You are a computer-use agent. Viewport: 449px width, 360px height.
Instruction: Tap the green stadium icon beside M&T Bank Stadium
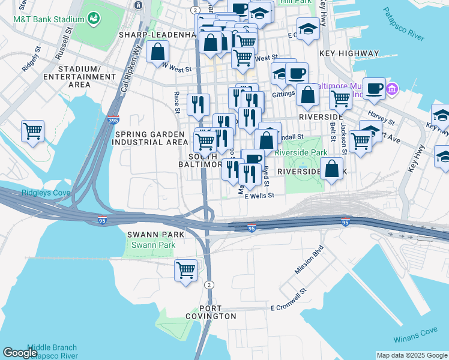[x=94, y=19]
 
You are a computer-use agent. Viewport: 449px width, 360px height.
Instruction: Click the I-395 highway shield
[x=115, y=121]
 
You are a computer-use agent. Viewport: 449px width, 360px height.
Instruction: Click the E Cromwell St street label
[x=289, y=307]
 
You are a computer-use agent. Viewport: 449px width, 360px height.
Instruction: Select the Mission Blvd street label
[x=309, y=260]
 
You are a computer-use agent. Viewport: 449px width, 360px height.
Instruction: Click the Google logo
[x=20, y=353]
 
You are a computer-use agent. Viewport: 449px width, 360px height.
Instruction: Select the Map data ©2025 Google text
[x=411, y=355]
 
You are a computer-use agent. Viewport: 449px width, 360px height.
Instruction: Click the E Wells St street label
[x=255, y=195]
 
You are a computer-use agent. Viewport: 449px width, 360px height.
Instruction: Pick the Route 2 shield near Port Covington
[x=208, y=284]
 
